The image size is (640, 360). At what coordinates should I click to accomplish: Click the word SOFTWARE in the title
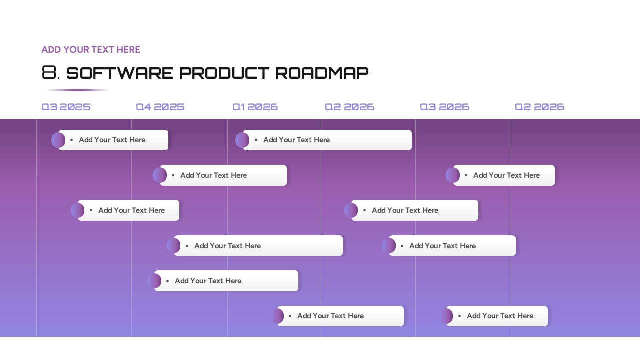(120, 73)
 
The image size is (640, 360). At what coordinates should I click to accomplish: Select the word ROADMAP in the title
(322, 73)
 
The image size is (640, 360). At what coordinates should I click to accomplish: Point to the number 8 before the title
(49, 73)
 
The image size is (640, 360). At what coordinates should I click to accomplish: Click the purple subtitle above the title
(91, 50)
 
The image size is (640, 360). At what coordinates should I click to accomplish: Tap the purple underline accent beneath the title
(77, 90)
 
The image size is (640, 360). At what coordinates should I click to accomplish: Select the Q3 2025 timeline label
(66, 107)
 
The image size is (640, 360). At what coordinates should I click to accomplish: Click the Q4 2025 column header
(160, 107)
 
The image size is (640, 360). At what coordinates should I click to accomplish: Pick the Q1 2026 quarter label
(255, 107)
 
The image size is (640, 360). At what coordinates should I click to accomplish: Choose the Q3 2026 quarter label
(444, 107)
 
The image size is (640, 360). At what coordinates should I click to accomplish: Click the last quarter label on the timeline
(539, 107)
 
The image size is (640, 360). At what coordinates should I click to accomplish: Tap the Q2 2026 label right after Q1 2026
(349, 107)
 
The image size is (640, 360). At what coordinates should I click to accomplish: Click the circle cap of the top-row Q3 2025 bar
(57, 140)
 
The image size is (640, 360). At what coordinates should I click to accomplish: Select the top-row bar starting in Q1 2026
(327, 140)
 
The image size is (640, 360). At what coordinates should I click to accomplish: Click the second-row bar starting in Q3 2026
(504, 175)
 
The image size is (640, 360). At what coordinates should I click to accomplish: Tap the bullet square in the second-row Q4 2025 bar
(173, 175)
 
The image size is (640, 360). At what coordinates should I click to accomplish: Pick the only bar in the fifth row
(226, 281)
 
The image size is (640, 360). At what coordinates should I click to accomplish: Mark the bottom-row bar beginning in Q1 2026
(340, 316)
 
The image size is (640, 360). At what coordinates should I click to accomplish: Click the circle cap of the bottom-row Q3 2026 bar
(446, 316)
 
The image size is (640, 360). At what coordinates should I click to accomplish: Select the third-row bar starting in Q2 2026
(414, 210)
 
